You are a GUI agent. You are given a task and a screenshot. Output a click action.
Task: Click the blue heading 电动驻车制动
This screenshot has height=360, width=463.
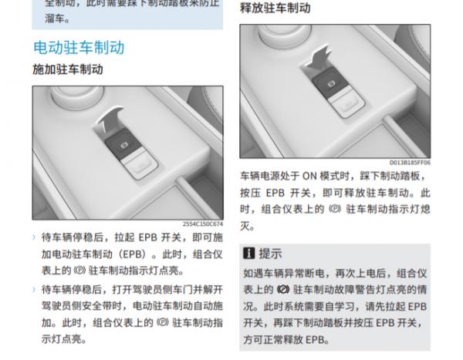79,47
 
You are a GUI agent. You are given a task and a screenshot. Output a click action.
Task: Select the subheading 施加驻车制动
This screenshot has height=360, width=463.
68,70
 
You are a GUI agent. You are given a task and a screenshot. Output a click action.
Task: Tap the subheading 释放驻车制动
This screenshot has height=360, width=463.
275,8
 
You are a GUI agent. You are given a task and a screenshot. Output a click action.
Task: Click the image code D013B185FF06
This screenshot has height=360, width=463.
411,163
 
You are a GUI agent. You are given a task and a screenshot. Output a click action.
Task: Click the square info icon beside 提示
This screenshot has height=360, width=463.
248,253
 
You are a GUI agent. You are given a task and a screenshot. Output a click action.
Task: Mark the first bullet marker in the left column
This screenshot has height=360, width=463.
34,235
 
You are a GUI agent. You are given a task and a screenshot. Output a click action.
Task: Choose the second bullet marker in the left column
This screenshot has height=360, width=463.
34,290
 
